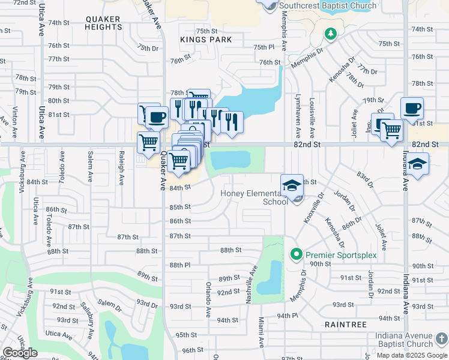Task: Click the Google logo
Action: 20,353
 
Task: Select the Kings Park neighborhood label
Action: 206,39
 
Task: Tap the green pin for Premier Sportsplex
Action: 295,255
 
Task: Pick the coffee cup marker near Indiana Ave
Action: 412,109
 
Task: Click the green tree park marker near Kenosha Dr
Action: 330,35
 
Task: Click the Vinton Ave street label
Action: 14,115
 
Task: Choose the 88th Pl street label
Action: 179,265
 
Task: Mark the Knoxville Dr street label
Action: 309,208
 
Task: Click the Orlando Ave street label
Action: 208,299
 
